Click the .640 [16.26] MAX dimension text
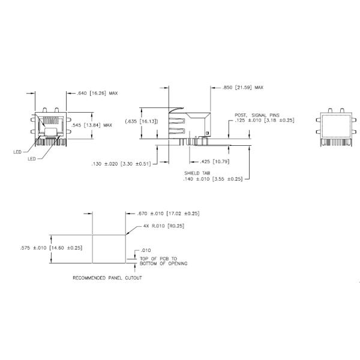pyautogui.click(x=97, y=93)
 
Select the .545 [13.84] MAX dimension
pyautogui.click(x=92, y=125)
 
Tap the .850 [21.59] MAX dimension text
pyautogui.click(x=242, y=88)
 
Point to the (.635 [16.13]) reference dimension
pyautogui.click(x=142, y=121)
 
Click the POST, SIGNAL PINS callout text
pyautogui.click(x=257, y=115)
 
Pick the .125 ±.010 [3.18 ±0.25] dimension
pyautogui.click(x=264, y=121)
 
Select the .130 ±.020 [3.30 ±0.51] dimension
pyautogui.click(x=121, y=164)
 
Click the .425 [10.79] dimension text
pyautogui.click(x=214, y=161)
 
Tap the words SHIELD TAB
pyautogui.click(x=197, y=173)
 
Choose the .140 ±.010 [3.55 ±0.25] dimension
pyautogui.click(x=213, y=179)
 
